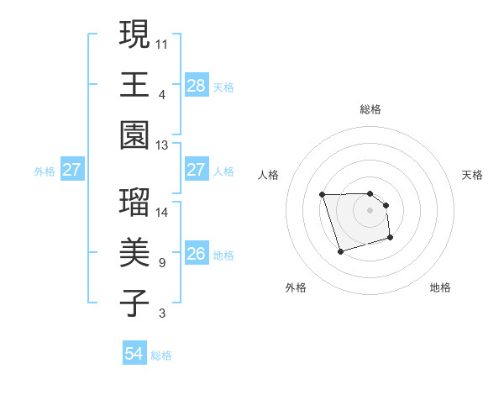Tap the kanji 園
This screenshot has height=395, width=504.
134,135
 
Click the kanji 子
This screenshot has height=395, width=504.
134,303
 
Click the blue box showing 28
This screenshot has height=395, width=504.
196,85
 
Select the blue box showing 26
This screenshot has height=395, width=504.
196,254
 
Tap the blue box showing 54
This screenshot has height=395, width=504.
134,354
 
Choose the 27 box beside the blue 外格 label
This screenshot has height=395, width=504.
71,170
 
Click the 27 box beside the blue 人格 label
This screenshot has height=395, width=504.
196,170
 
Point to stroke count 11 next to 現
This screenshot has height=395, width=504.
162,42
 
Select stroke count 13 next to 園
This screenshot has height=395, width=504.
162,145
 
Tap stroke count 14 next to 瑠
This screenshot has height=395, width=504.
162,212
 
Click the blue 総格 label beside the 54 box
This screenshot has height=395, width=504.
161,355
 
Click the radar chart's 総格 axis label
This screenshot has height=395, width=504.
370,109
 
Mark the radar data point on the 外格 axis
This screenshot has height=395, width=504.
340,251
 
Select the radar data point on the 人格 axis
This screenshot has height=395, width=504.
323,195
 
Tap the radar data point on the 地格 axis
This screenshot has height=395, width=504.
391,240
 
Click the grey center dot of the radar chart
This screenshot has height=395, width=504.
370,209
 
